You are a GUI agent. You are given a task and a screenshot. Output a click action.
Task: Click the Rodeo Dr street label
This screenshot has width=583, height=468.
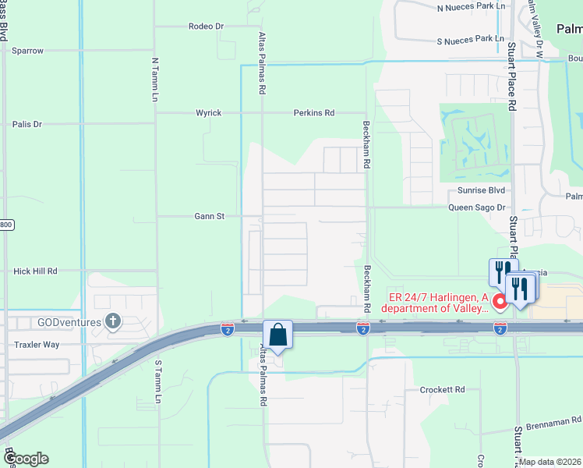pos(206,27)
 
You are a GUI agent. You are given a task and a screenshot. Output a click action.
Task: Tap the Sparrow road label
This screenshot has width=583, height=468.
pos(28,51)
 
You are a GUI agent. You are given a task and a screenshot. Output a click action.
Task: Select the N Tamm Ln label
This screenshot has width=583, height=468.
pos(154,79)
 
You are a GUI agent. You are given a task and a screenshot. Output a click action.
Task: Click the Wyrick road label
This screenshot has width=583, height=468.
pos(208,113)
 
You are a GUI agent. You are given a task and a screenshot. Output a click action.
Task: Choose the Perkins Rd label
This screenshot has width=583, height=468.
pos(313,113)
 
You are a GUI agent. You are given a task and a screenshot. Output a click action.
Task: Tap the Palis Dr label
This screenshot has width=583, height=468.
pos(27,124)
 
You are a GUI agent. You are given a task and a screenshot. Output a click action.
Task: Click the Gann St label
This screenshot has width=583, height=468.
pos(210,216)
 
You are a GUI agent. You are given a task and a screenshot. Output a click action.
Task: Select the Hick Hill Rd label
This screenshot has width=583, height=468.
pos(36,271)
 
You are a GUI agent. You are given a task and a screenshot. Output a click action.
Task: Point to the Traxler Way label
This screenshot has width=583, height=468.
pos(37,344)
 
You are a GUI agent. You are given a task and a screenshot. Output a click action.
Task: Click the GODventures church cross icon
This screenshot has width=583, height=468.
pos(113,321)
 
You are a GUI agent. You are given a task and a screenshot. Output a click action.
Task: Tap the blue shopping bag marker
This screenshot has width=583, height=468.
pos(277,335)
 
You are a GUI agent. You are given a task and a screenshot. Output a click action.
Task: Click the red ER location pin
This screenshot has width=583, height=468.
pos(499,300)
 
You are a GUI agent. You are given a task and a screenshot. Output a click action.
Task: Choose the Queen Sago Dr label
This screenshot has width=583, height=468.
pos(477,208)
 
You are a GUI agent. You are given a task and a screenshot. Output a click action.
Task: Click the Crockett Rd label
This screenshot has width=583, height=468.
pos(442,389)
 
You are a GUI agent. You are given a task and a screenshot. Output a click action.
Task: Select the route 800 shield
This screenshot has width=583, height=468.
pos(6,225)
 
